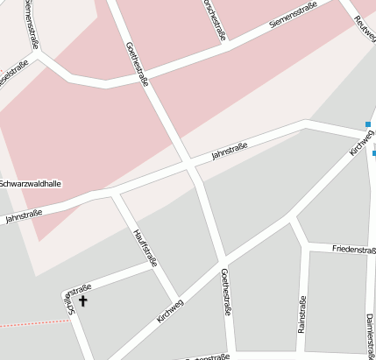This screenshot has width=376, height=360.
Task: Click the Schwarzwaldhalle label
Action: pos(30,184)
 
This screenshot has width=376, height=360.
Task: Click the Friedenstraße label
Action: pos(354,250)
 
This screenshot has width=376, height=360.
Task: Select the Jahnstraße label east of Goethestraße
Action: pos(230,152)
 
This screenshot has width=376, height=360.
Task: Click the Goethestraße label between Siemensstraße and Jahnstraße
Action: pos(138,64)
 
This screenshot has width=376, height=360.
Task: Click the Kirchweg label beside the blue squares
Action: pos(361,142)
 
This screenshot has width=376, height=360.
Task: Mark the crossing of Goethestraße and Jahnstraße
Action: pos(189,165)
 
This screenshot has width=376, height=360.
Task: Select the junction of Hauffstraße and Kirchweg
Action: pos(177,298)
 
